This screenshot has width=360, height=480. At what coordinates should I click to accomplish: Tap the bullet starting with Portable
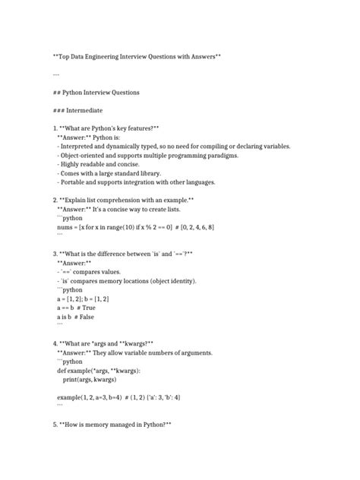pos(137,182)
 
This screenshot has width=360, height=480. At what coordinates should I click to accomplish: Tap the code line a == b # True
pos(76,308)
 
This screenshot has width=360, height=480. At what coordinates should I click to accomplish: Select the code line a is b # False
pos(76,317)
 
